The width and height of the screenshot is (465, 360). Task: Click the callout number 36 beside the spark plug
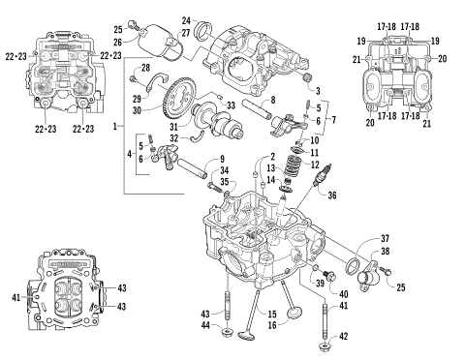(x=360, y=195)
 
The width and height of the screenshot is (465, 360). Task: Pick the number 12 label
(x=314, y=165)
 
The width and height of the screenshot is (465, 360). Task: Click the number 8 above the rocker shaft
(x=274, y=100)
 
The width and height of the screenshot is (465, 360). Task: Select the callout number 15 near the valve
(x=272, y=315)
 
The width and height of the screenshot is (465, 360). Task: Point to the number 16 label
(x=272, y=327)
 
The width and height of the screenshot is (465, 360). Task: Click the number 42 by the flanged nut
(x=342, y=337)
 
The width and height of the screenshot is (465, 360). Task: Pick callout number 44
(x=204, y=326)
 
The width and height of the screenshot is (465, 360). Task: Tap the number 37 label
(x=385, y=239)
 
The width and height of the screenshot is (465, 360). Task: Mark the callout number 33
(x=232, y=105)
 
